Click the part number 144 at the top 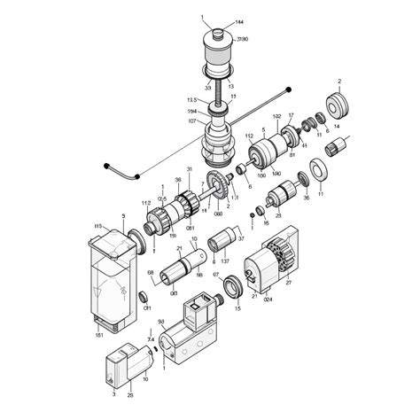[x=240, y=21]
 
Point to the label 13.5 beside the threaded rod [x=191, y=100]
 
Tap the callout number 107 [x=192, y=121]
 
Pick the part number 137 [x=224, y=262]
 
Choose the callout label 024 [x=268, y=299]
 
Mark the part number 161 [x=98, y=335]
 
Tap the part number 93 [x=161, y=322]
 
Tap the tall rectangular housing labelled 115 [x=110, y=275]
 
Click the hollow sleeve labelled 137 [x=222, y=242]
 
